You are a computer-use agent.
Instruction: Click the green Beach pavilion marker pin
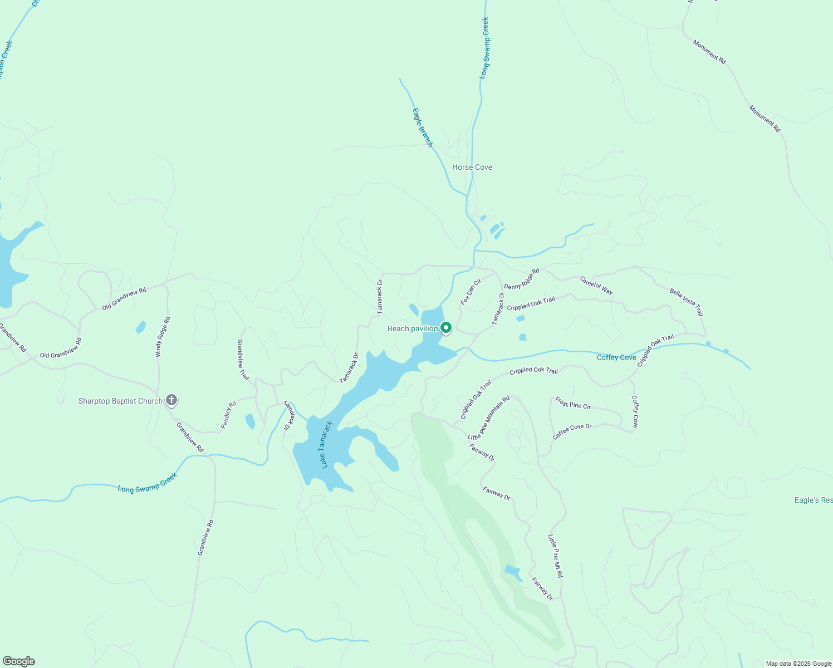pyautogui.click(x=445, y=328)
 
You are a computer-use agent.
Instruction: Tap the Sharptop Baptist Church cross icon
pyautogui.click(x=171, y=400)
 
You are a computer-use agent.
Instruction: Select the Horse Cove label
pyautogui.click(x=472, y=167)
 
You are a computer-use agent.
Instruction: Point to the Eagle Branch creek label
pyautogui.click(x=422, y=127)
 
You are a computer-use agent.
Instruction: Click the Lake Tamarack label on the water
pyautogui.click(x=327, y=445)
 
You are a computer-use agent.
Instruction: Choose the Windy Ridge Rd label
pyautogui.click(x=163, y=337)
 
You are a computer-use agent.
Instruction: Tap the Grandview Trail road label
pyautogui.click(x=243, y=360)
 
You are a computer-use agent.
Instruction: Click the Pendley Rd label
pyautogui.click(x=228, y=415)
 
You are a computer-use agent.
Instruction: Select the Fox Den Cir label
pyautogui.click(x=471, y=292)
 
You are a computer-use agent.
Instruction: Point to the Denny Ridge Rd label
pyautogui.click(x=522, y=279)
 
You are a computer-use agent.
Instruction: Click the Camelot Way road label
pyautogui.click(x=596, y=286)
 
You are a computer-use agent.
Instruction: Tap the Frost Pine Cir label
pyautogui.click(x=572, y=402)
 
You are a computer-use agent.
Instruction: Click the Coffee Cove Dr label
pyautogui.click(x=572, y=431)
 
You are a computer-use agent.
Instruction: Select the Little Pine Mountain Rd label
pyautogui.click(x=489, y=417)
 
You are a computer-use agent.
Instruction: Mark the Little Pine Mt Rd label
pyautogui.click(x=555, y=556)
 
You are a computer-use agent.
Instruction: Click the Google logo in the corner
pyautogui.click(x=19, y=661)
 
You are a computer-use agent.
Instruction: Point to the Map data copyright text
pyautogui.click(x=798, y=664)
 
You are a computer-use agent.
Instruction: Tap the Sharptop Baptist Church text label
pyautogui.click(x=120, y=401)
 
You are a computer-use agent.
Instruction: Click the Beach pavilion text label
pyautogui.click(x=413, y=328)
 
